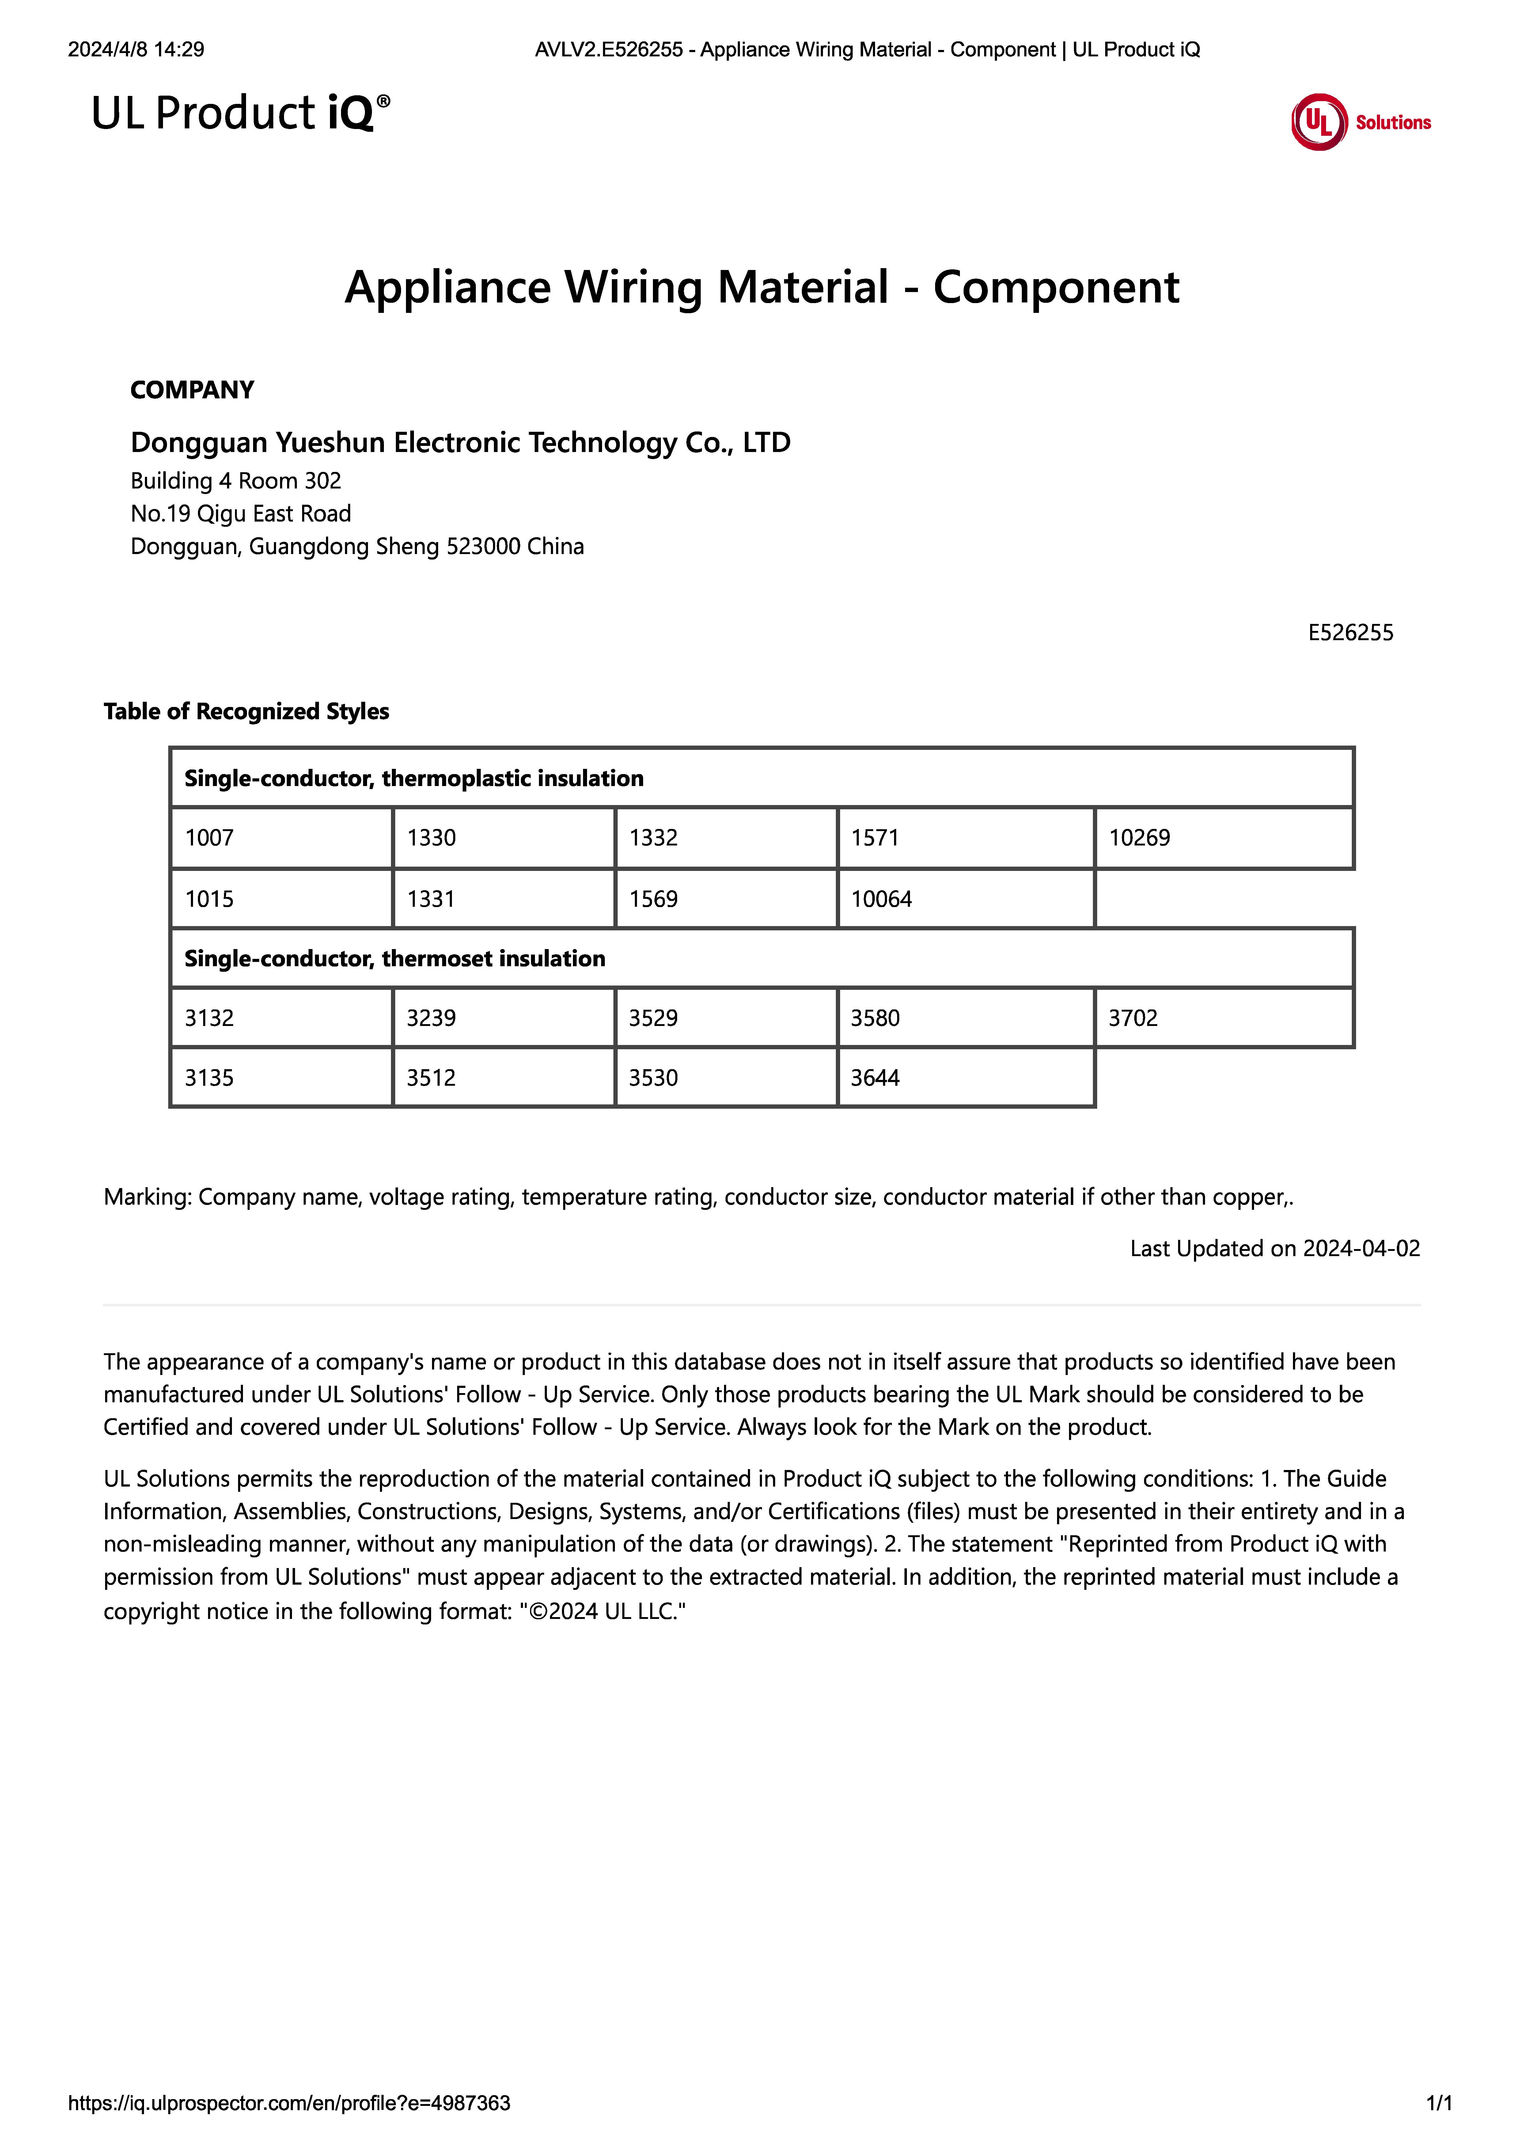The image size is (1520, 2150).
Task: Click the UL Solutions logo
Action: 1360,122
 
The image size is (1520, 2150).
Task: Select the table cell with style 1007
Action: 281,837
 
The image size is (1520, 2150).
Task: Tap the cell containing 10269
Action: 1223,837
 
